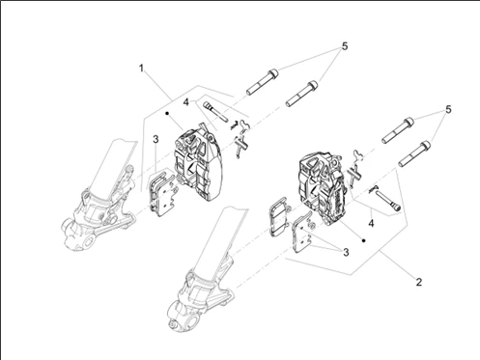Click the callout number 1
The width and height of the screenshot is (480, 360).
point(141,68)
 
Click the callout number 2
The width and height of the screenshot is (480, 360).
point(418,282)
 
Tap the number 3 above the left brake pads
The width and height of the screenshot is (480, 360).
point(155,139)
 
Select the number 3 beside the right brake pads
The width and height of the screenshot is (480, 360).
point(346,252)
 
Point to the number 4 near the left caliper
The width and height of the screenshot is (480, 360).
point(185,102)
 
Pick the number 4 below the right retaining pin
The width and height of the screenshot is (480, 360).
point(371,223)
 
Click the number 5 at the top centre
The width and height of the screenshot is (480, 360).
point(345,46)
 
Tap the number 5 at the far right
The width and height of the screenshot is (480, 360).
point(448,110)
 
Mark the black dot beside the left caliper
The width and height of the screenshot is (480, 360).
point(167,113)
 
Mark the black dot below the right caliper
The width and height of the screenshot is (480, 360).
point(364,240)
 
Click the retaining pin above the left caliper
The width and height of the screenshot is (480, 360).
point(215,111)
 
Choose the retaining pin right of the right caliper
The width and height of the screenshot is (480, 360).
point(389,200)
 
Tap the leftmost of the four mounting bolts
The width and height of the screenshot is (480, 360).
point(263,82)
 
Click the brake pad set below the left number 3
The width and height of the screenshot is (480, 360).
point(162,193)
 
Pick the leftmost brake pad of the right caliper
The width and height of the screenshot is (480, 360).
point(278,216)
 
